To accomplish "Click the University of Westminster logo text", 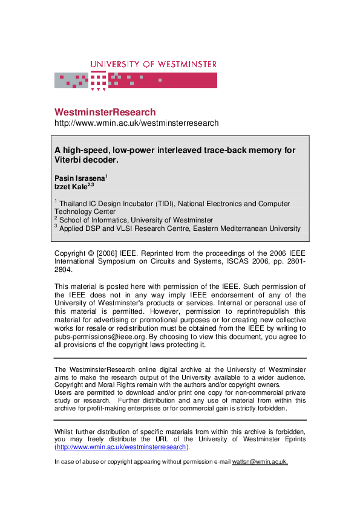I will coord(153,64).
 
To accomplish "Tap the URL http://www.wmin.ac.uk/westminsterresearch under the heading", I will coord(136,123).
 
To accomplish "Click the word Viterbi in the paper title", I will coord(70,160).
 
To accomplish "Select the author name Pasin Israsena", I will coord(79,178).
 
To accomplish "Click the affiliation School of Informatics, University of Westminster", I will coord(136,220).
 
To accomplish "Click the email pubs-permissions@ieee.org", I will coord(98,336).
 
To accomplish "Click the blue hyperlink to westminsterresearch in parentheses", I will coord(122,447).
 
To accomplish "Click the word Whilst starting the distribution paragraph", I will coord(65,430).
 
